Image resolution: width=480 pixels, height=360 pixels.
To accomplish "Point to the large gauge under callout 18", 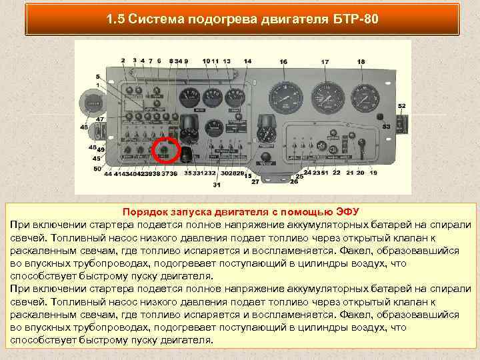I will (x=363, y=98).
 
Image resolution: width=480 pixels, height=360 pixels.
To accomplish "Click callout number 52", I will (x=401, y=106).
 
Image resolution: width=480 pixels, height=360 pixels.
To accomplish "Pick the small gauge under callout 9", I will (x=189, y=97).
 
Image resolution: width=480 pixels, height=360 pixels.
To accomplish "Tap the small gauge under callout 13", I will (x=234, y=97).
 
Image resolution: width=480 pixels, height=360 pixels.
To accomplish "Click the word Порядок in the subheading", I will (x=143, y=212).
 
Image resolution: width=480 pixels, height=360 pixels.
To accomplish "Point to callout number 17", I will (x=325, y=62).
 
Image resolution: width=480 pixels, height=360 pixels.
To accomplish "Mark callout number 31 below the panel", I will (x=217, y=185).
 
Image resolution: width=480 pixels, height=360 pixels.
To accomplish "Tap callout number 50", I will (x=97, y=169).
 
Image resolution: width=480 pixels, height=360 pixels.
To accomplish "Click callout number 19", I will (x=373, y=173).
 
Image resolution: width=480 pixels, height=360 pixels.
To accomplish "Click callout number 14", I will (x=247, y=61).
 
